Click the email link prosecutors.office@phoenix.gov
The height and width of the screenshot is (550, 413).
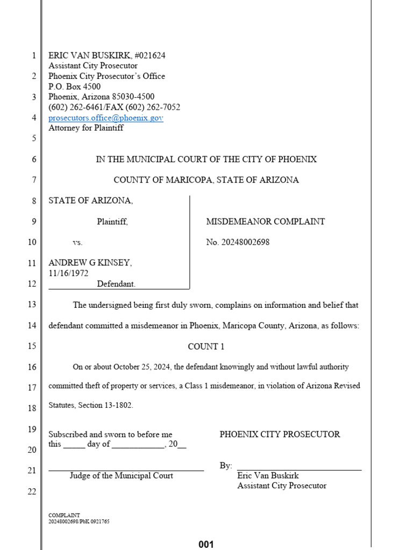106,118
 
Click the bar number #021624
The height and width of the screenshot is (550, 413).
149,55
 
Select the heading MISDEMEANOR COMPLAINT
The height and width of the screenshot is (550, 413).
265,221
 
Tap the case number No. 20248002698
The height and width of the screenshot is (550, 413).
238,242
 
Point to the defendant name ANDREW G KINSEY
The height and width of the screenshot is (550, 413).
90,263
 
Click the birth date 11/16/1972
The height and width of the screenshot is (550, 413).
68,273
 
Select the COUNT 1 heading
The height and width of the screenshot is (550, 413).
206,346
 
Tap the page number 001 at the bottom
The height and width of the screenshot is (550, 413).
206,544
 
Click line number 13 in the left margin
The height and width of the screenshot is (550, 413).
32,305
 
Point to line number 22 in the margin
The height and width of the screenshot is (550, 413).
32,491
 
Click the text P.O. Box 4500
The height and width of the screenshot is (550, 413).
74,86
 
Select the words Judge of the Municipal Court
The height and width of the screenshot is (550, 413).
121,476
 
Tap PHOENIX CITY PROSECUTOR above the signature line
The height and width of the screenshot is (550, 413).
280,435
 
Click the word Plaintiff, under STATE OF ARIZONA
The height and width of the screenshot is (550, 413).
112,221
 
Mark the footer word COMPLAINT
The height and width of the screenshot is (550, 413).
64,515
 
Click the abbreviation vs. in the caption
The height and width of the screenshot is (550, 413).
78,242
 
